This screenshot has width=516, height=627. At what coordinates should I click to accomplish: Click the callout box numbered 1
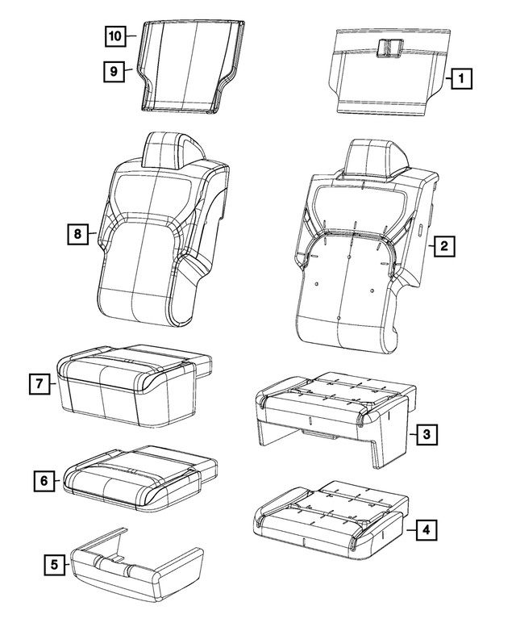pos(461,78)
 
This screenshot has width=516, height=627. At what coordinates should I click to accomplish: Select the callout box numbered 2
pos(443,245)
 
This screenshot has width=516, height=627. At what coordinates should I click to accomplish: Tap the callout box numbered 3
pos(427,434)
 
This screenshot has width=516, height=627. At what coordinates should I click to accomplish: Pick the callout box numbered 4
pos(427,530)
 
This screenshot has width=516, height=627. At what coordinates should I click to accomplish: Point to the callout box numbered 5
pos(54,565)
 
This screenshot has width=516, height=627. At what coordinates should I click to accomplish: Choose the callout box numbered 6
pos(44,481)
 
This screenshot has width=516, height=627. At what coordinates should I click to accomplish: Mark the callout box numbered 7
pos(40,384)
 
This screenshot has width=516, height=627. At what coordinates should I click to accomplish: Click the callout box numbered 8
pos(77,234)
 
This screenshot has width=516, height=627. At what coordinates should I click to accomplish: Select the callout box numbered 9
pos(114,72)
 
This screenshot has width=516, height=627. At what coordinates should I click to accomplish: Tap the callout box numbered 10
pos(115,36)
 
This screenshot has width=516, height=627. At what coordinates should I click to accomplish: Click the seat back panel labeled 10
pos(191,66)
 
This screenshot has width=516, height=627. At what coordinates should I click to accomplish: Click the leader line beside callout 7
pos(53,384)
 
